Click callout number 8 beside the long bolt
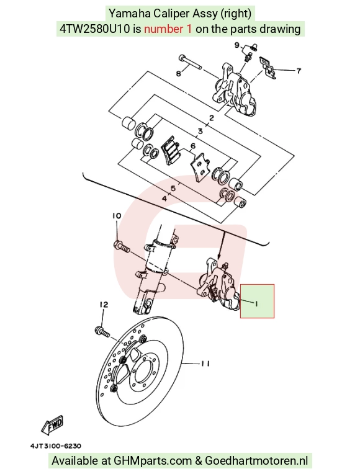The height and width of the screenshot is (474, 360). [179, 73]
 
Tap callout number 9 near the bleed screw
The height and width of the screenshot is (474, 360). [237, 45]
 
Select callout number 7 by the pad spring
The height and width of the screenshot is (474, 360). [299, 71]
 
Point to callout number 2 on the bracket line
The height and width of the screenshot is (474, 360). [212, 118]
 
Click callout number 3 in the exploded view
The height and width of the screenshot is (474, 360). [200, 132]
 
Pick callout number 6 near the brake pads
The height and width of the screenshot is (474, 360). [193, 146]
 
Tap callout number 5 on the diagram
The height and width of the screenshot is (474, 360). [173, 189]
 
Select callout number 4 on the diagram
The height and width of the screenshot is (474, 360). [164, 199]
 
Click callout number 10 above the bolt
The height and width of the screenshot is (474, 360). [117, 216]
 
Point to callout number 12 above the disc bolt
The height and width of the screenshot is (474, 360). [104, 304]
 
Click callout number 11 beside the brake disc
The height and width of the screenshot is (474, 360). [205, 364]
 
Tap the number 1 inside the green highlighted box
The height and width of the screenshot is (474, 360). [256, 303]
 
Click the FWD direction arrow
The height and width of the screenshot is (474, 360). [52, 424]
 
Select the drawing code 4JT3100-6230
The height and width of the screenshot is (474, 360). [56, 446]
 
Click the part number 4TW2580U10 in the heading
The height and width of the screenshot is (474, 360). [95, 29]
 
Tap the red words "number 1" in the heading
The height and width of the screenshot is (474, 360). [168, 29]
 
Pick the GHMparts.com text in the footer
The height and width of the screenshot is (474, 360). [153, 461]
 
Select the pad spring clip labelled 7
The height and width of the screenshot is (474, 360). [268, 68]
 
